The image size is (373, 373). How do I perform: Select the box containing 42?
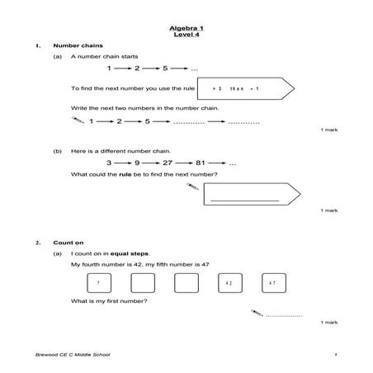(229, 283)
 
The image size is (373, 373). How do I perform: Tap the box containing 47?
(272, 283)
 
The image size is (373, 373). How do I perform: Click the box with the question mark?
(98, 283)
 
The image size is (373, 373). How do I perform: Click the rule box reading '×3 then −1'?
(243, 87)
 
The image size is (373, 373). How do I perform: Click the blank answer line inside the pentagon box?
(244, 201)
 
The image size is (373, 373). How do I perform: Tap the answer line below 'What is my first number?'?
(283, 315)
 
